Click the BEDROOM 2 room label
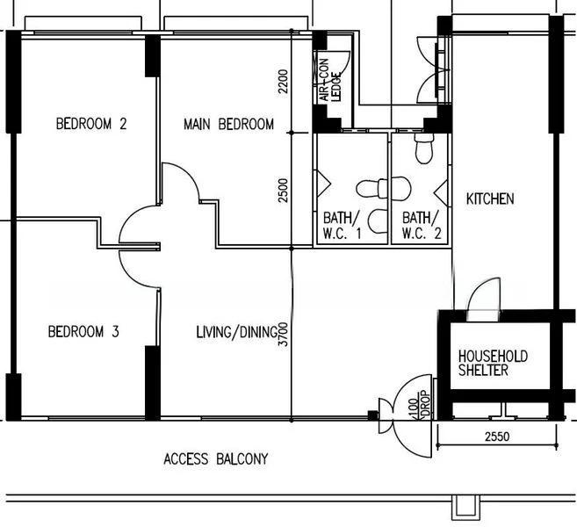90,124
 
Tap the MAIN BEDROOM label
228,124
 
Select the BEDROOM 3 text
83,332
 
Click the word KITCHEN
489,199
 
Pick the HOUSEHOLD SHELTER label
493,364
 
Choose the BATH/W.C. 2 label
418,225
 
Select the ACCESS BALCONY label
215,458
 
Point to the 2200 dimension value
283,82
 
